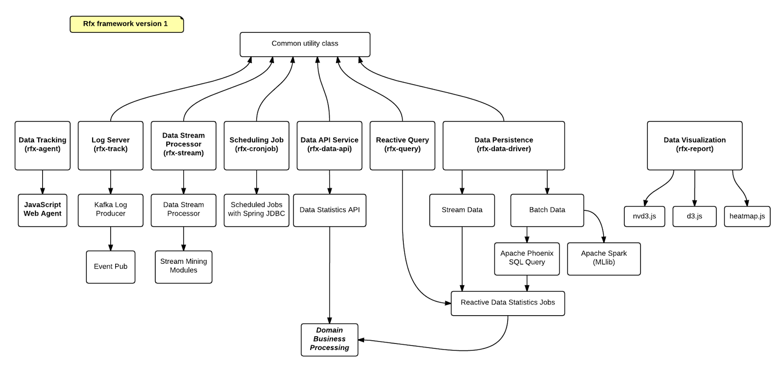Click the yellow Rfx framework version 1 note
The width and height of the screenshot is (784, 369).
126,24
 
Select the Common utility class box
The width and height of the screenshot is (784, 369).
305,44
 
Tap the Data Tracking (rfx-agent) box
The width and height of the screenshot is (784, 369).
43,145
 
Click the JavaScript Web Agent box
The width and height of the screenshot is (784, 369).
43,210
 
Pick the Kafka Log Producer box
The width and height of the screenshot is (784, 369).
110,210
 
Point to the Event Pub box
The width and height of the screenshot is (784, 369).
110,267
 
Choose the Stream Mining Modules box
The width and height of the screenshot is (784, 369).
183,267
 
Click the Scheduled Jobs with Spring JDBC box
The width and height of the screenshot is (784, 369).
256,210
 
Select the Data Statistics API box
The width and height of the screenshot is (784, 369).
329,210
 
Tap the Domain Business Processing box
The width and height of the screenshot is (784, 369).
329,339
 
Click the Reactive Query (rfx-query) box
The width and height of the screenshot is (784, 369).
402,145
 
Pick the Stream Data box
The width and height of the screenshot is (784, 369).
462,210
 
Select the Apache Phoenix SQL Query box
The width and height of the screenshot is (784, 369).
527,258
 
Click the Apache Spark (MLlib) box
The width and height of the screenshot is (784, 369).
604,258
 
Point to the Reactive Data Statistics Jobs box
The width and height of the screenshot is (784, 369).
508,303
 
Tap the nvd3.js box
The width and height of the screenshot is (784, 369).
644,216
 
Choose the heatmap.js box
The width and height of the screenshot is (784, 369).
747,216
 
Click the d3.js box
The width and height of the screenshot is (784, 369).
694,216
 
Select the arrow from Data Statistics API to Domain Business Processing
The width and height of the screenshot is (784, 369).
329,274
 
